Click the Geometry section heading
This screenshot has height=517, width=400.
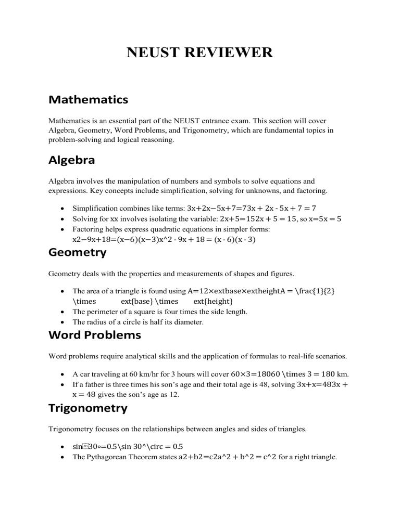point(77,253)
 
